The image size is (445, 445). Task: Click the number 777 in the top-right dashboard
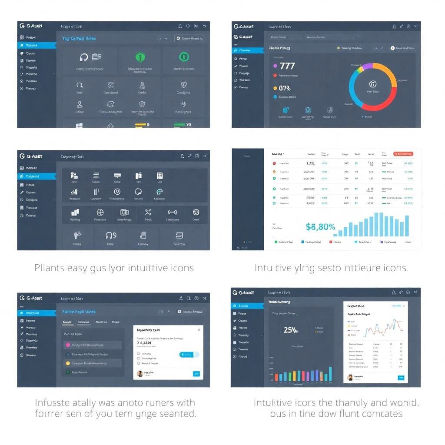(287, 66)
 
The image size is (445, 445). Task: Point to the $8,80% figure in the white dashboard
(320, 226)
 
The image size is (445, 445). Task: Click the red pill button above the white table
(403, 154)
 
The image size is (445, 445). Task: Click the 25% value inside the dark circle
(291, 330)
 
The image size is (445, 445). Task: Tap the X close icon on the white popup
(199, 330)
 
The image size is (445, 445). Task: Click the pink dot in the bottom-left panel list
(68, 345)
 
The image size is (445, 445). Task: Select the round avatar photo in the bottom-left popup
(140, 373)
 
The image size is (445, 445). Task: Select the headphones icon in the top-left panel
(84, 57)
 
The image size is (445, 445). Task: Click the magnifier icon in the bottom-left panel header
(189, 299)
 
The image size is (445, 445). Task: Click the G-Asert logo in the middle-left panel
(31, 156)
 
